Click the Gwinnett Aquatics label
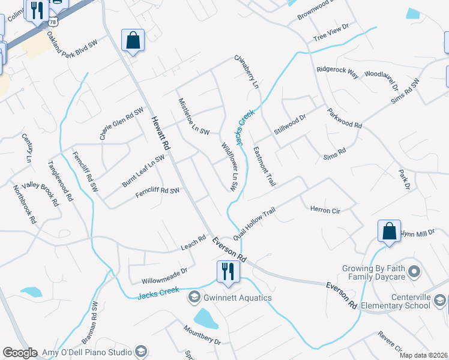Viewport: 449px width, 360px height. (237, 298)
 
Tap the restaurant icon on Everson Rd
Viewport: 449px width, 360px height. (228, 271)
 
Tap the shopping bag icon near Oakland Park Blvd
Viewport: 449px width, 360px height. (133, 41)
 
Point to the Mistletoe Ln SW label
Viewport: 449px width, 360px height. (193, 117)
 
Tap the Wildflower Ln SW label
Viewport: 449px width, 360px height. (231, 167)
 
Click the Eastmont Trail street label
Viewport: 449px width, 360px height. (264, 166)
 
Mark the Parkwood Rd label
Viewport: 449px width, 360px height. (345, 118)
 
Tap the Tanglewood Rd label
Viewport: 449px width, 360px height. (61, 181)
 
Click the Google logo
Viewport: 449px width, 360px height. (20, 353)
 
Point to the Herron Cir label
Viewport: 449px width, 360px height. (325, 211)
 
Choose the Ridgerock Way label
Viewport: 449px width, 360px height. (337, 73)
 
